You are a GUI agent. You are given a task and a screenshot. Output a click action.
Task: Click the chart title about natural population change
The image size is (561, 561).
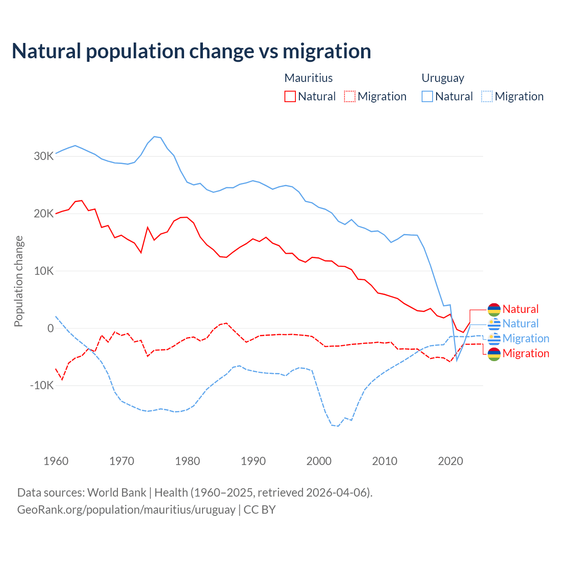point(192,51)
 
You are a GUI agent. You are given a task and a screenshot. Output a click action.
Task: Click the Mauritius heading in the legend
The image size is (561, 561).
point(309,78)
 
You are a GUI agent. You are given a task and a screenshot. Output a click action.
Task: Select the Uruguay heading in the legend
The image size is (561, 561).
point(443,78)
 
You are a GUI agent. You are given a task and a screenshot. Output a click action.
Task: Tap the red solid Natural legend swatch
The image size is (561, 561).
point(290,96)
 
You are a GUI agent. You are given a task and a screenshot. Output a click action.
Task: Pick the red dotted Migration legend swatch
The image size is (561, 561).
point(350,96)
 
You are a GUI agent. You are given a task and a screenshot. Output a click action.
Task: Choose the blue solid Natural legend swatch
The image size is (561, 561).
point(427,96)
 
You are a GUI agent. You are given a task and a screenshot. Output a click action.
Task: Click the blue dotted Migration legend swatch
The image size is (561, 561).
point(487,96)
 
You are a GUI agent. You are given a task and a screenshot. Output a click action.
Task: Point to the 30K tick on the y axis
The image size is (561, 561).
point(44,156)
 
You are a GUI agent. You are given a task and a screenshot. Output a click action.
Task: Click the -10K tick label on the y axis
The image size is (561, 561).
point(42,386)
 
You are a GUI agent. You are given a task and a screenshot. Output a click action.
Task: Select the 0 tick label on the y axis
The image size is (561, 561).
point(51,328)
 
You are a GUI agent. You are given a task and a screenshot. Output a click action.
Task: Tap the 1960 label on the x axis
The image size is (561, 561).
point(56,461)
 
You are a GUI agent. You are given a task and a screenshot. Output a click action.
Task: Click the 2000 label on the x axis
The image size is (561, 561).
point(319,461)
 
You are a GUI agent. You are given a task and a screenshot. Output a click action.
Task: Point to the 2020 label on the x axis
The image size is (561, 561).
point(451,461)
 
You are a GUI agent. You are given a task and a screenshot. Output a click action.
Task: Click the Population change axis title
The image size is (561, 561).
point(18,281)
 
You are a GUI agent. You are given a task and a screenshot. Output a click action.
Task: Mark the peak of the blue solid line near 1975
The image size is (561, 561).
point(154,137)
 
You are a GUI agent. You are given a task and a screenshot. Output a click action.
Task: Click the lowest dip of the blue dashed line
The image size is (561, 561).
point(338,426)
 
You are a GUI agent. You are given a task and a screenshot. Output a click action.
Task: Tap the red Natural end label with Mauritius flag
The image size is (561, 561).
point(520,309)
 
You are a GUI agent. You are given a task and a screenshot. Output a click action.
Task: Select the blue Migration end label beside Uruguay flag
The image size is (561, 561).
point(525,338)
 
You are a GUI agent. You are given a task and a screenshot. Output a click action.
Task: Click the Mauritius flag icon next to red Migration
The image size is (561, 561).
point(494,354)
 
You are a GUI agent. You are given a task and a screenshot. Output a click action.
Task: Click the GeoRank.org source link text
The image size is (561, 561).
point(126,510)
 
